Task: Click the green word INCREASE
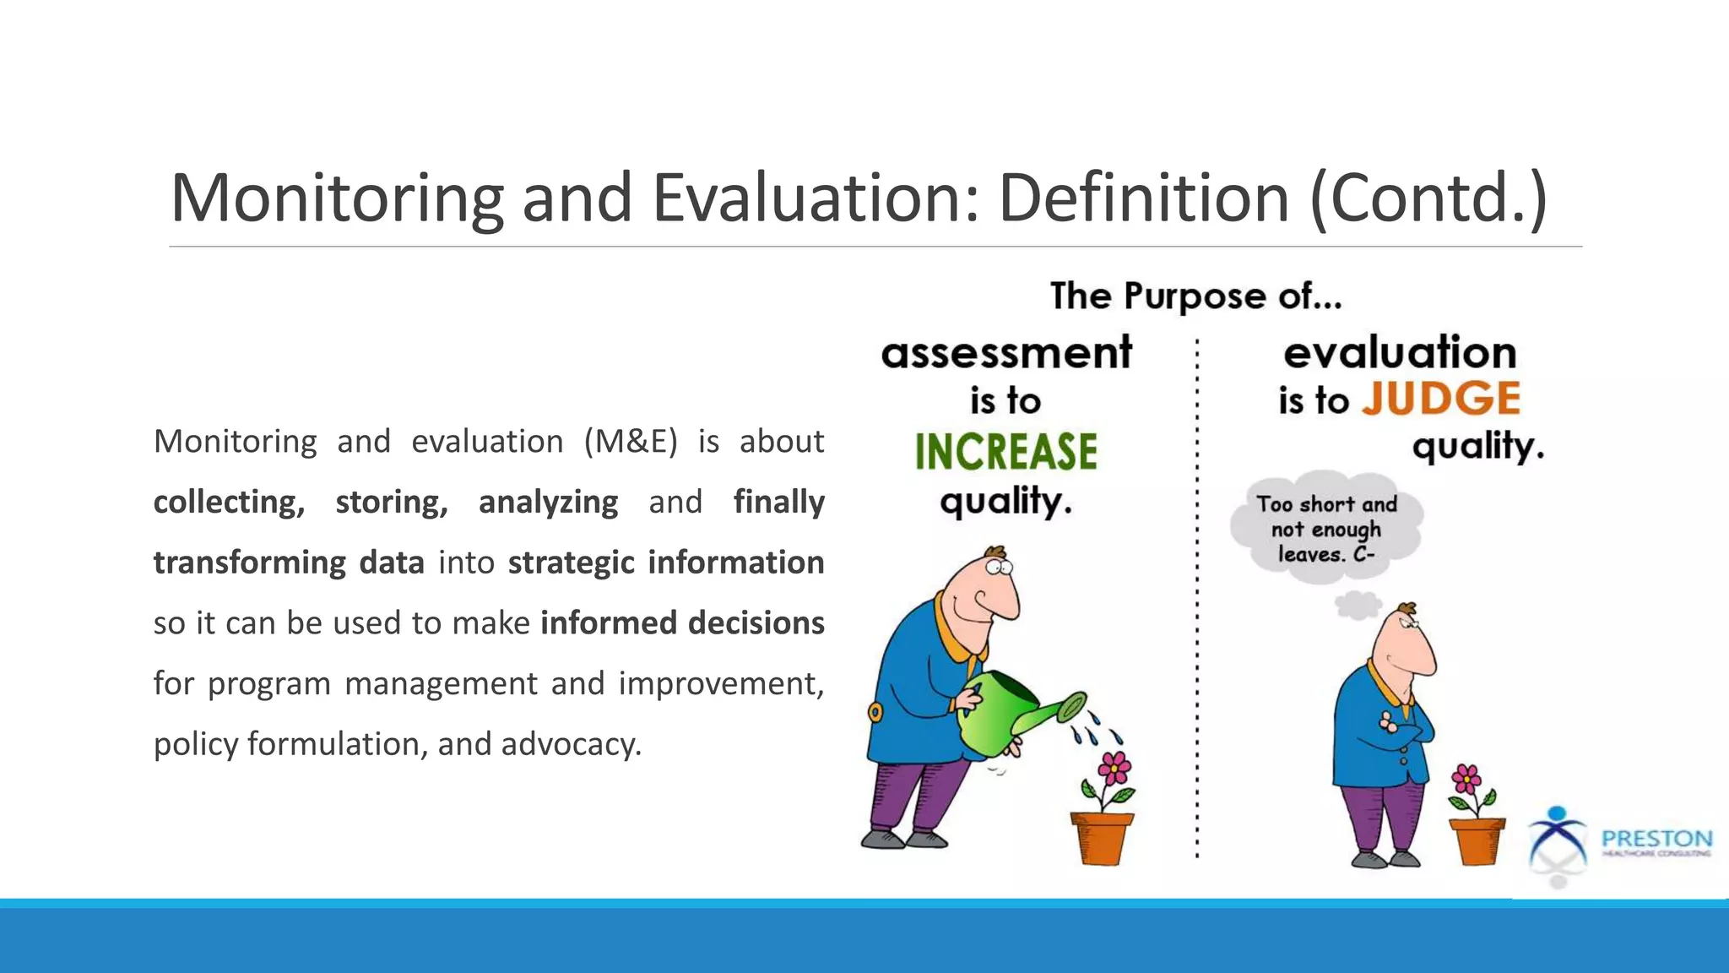[1005, 451]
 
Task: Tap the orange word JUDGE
[1440, 399]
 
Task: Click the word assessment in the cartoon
[1005, 353]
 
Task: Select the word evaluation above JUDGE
[1400, 352]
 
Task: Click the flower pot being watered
[1101, 836]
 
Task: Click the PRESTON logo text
[1656, 839]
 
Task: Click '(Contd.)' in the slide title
[1428, 198]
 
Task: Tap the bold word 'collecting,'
[229, 502]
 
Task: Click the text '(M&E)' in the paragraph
[630, 441]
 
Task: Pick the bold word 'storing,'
[391, 502]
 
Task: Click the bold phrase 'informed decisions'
[682, 622]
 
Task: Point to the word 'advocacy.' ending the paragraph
[572, 744]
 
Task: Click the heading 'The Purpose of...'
[1195, 296]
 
